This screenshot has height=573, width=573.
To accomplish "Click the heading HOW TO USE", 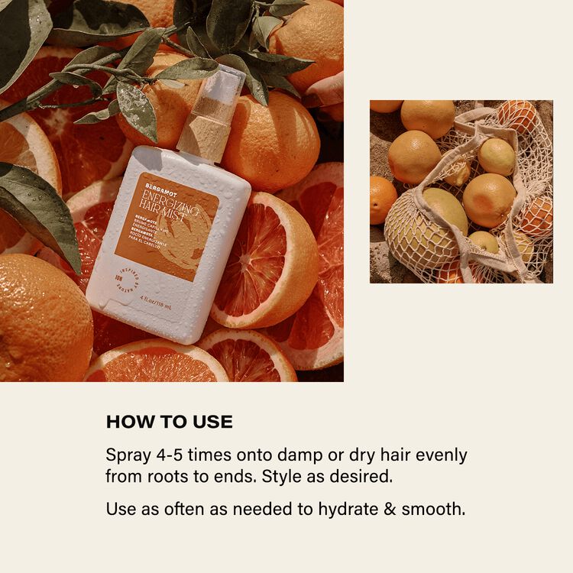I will point(169,422).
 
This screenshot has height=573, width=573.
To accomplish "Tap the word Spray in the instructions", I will point(128,456).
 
